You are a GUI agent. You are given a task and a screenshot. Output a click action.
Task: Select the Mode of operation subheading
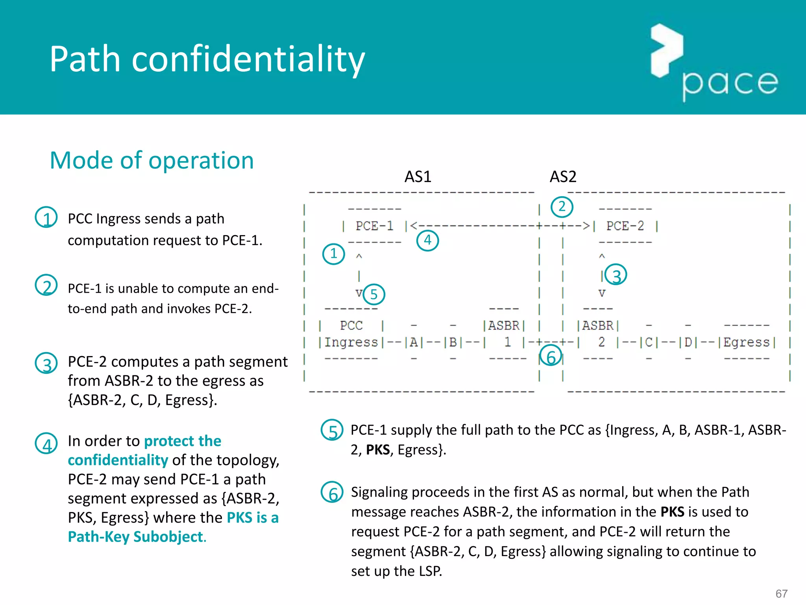click(152, 160)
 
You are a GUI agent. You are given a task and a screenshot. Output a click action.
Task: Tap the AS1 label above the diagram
click(418, 176)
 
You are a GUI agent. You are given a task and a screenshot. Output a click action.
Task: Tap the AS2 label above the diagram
click(563, 176)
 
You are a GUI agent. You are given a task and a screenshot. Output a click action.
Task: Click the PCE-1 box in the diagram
click(374, 226)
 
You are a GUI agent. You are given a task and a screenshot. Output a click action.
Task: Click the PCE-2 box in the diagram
click(625, 226)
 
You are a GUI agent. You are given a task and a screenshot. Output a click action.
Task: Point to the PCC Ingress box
click(351, 334)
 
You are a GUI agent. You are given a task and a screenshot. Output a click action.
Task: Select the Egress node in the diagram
click(746, 342)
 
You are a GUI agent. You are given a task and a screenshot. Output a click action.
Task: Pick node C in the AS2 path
click(649, 342)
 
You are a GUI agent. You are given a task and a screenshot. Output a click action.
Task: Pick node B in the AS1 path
click(453, 342)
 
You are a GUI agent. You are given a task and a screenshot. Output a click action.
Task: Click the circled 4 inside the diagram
click(427, 240)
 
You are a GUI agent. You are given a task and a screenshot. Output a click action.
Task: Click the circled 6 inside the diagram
click(551, 356)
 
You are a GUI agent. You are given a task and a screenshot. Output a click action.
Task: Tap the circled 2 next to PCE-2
click(562, 207)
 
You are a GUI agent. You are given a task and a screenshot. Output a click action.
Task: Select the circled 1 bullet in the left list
click(46, 217)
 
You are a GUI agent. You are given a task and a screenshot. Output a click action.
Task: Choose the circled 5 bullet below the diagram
click(332, 430)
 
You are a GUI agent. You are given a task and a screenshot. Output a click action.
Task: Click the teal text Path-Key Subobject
click(136, 536)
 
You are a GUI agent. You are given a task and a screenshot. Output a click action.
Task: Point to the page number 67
click(781, 594)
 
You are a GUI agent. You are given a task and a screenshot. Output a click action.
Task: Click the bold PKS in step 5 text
click(378, 449)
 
